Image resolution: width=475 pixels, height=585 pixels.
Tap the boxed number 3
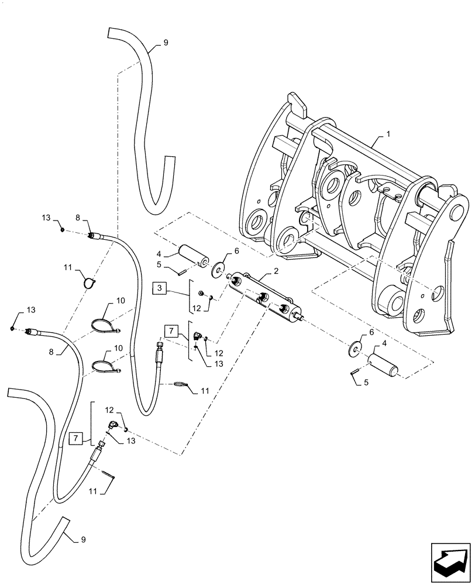(160, 287)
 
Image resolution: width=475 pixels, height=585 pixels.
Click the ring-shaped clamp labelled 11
(89, 283)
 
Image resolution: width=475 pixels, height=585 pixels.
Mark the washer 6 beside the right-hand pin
(355, 348)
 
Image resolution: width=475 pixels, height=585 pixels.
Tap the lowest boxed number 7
(74, 437)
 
